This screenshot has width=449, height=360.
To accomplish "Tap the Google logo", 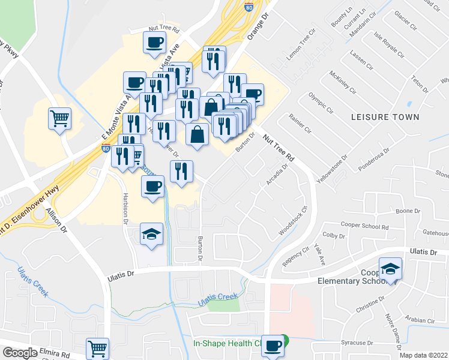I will [20, 353].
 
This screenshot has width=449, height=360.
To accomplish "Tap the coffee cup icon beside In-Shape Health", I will [274, 346].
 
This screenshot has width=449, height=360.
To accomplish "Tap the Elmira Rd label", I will [55, 355].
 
